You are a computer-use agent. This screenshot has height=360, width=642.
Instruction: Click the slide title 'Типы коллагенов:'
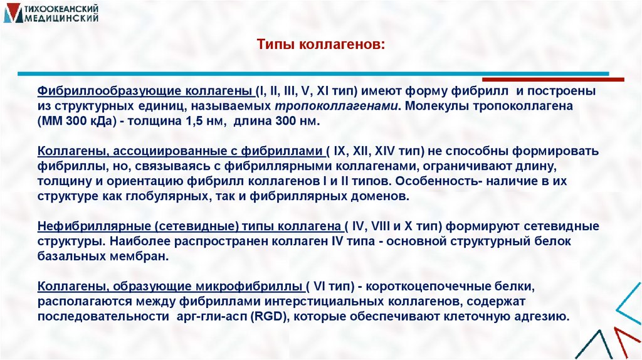tap(320, 45)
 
